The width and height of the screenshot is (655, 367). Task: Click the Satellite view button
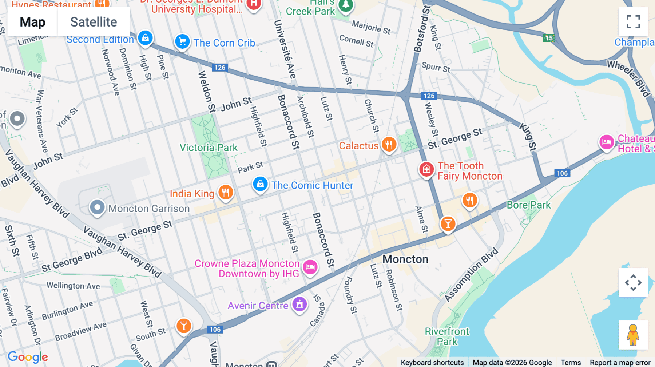[x=94, y=22]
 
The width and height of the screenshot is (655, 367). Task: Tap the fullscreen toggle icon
[x=633, y=22]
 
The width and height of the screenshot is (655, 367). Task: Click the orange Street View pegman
[x=633, y=335]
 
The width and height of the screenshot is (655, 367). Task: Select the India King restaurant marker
[x=226, y=192]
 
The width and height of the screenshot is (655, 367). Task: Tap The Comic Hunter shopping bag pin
[x=260, y=184]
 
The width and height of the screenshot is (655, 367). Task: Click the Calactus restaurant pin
[x=389, y=145]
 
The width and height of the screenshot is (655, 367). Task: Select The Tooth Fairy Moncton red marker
[x=426, y=169]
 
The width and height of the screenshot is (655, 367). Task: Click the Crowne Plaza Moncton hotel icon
[x=310, y=267]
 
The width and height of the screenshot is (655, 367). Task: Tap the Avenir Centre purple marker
[x=299, y=304]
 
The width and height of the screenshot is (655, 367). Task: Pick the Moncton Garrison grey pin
[x=97, y=207]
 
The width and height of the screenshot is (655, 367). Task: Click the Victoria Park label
[x=209, y=148]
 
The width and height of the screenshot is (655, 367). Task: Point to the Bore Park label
[x=528, y=205]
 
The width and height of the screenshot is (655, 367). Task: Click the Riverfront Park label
[x=447, y=336]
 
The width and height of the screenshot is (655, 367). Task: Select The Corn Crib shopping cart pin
[x=182, y=42]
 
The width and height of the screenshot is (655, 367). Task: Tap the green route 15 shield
[x=549, y=38]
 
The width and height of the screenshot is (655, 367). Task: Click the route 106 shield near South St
[x=215, y=330]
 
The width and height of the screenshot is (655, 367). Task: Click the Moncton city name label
[x=405, y=259]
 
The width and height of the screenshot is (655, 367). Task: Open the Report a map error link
[x=620, y=362]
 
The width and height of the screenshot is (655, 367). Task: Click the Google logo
[x=28, y=357]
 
